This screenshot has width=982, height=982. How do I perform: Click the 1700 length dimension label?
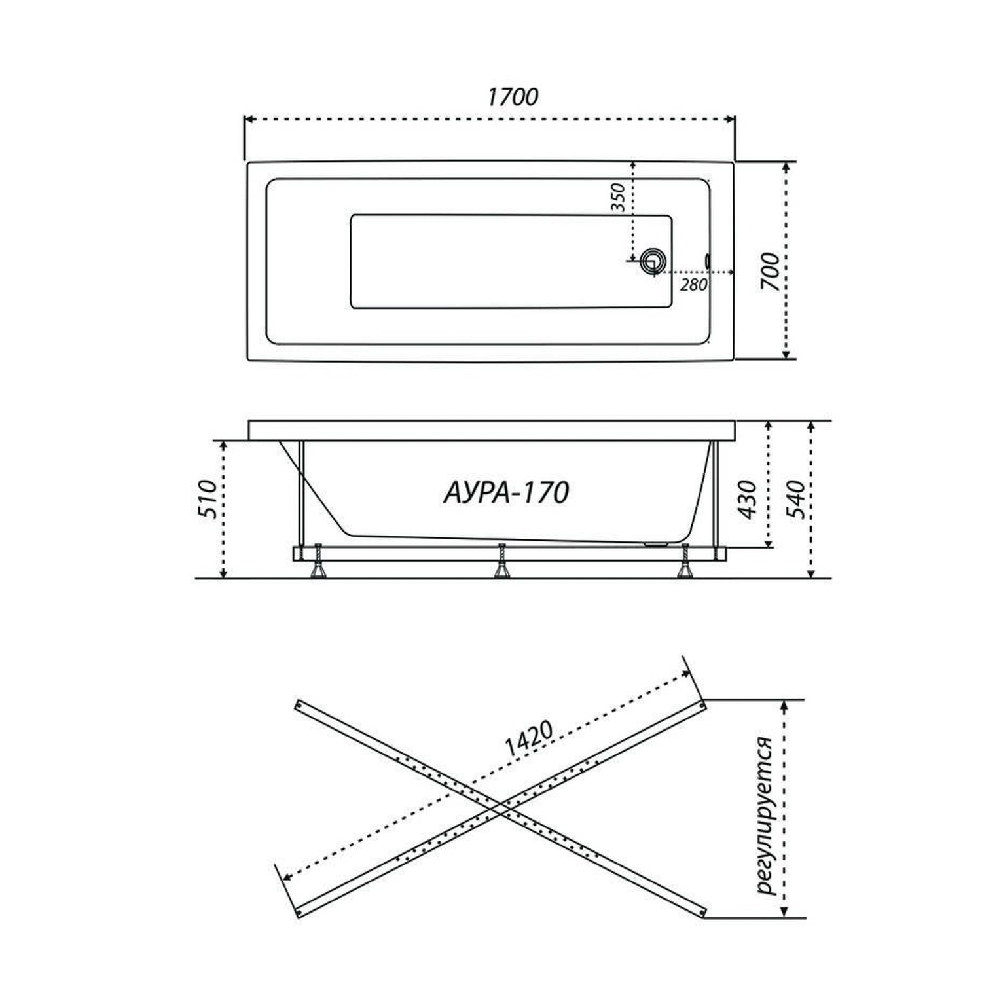[x=513, y=97]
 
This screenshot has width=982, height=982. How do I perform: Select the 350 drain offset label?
[x=619, y=198]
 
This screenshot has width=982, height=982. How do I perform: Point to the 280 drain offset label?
[x=693, y=285]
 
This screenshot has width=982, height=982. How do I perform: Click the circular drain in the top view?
[x=653, y=262]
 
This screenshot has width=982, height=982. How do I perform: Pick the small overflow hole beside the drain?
[x=708, y=260]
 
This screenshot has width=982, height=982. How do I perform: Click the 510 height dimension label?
[x=207, y=499]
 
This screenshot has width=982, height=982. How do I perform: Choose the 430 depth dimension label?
[x=747, y=500]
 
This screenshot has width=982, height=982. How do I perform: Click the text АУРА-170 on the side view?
[x=506, y=492]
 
